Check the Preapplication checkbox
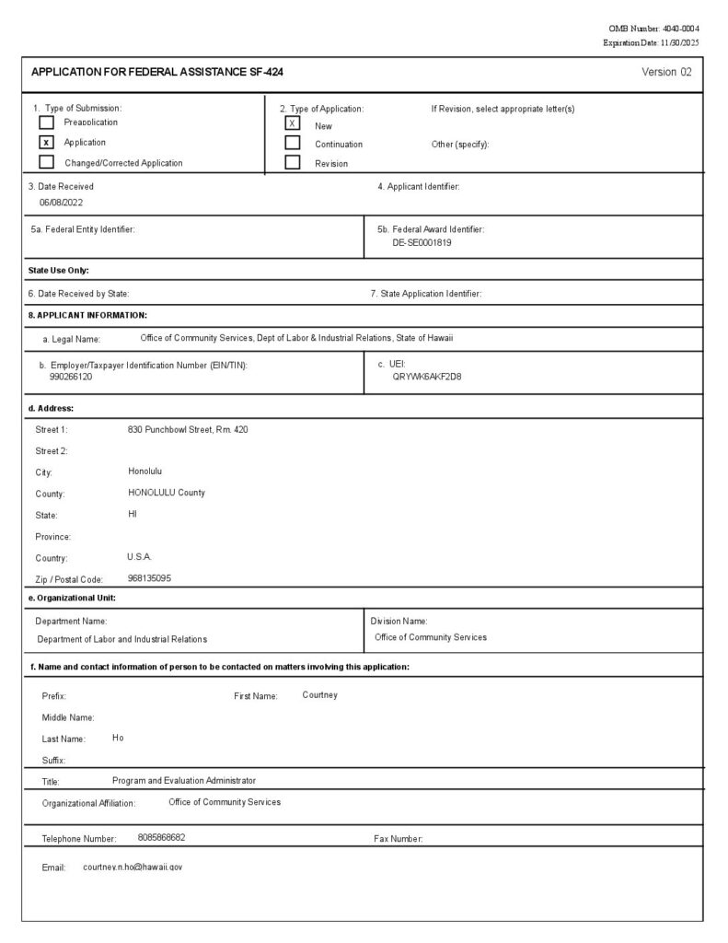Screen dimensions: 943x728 (46, 122)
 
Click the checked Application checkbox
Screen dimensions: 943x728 (46, 143)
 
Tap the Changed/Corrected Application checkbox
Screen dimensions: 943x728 (46, 163)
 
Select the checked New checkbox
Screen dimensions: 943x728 (293, 123)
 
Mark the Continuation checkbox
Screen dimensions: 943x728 (293, 143)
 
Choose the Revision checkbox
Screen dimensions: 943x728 (293, 163)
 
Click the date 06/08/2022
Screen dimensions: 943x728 (61, 202)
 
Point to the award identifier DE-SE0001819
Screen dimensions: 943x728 (422, 243)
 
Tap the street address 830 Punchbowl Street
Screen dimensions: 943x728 (188, 430)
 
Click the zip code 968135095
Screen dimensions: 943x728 (149, 578)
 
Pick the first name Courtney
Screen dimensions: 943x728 (319, 695)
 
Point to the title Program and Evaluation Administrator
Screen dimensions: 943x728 (184, 781)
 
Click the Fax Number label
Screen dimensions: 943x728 (399, 839)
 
